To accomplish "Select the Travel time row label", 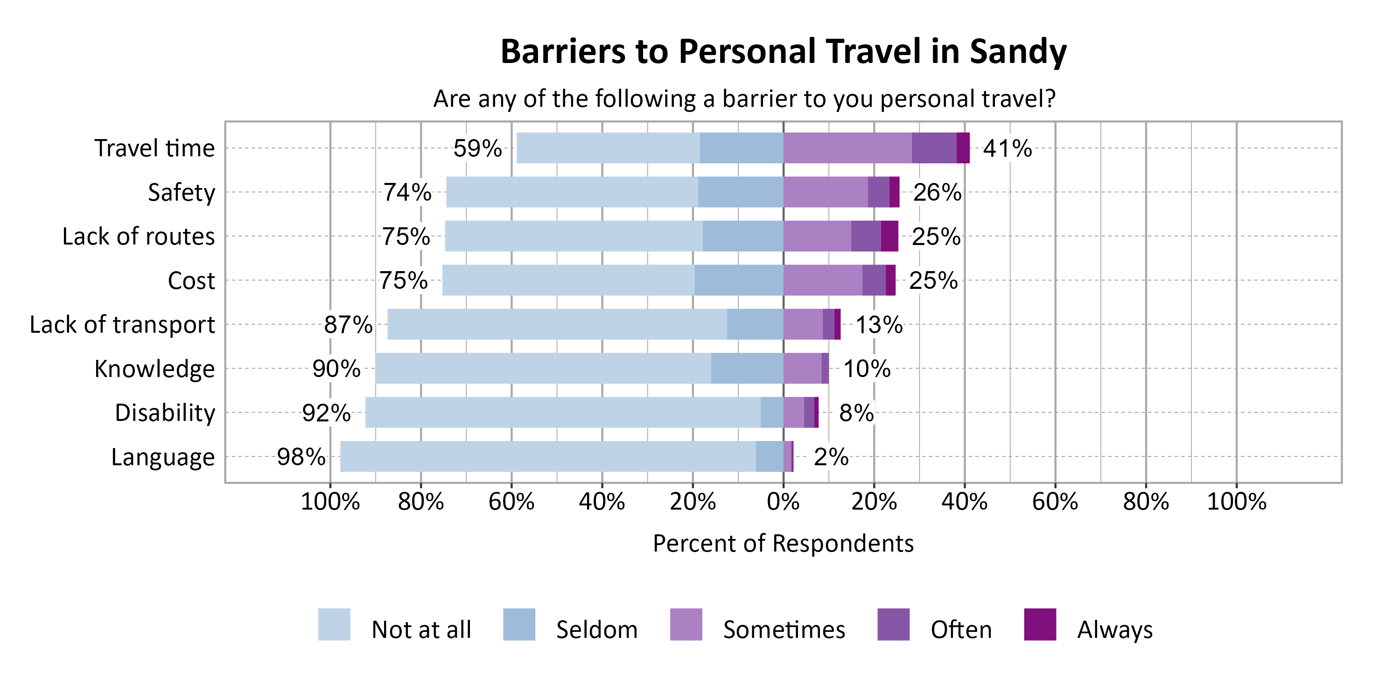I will [x=154, y=148].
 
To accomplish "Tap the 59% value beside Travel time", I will [x=477, y=148].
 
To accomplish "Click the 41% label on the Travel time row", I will [x=1007, y=148].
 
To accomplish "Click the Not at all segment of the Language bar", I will [x=547, y=456].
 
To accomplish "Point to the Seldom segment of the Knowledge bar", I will [x=747, y=369].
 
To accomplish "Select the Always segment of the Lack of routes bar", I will [x=889, y=236].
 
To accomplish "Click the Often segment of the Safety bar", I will [x=878, y=192].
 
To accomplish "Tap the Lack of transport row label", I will [x=122, y=324].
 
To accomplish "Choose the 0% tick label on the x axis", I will [x=783, y=501].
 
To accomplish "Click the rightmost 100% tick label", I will [x=1236, y=501].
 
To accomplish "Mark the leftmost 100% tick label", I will [x=330, y=501].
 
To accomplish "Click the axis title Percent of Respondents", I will [x=783, y=544].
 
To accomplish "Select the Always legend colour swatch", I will [x=1040, y=624].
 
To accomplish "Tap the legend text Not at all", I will [x=421, y=630].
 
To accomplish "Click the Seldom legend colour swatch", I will [x=519, y=624].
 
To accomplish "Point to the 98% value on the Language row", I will [x=301, y=456].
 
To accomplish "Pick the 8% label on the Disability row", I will [x=856, y=413].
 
